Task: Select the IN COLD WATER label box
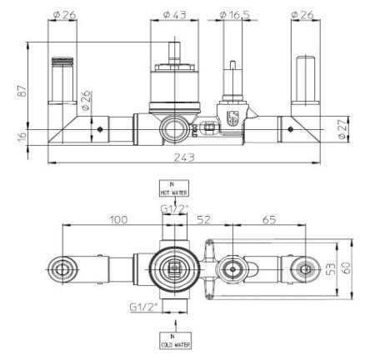176,340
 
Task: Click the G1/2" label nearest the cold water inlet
143,307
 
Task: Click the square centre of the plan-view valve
176,267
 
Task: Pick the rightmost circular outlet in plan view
307,267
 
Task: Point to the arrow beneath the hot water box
176,204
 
